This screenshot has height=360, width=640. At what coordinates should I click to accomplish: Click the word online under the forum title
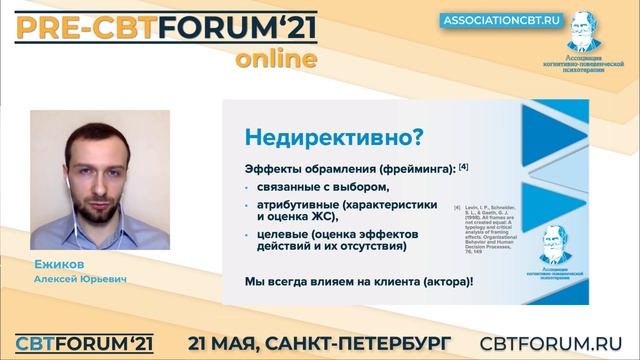[277, 59]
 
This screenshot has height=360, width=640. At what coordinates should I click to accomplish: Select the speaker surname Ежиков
[56, 265]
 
